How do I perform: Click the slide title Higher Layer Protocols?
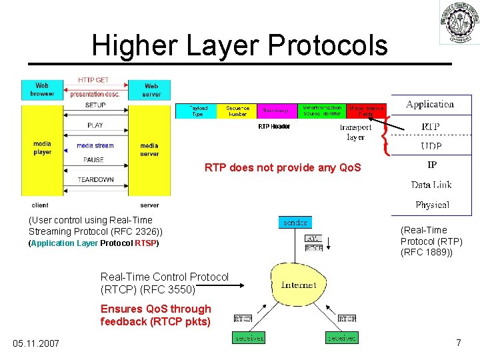pos(239,45)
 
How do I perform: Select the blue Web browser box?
pos(42,89)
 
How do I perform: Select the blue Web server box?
pos(151,89)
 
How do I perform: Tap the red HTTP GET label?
pos(93,80)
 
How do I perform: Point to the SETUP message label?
pos(95,105)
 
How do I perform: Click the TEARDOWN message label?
pos(95,179)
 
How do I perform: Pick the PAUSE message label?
pos(94,160)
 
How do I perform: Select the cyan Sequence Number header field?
pos(238,111)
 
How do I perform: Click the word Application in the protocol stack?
pos(430,104)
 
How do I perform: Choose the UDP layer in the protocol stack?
pos(431,146)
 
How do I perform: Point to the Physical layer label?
pos(432,205)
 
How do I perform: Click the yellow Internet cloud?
pos(299,285)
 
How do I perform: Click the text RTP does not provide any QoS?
pos(283,168)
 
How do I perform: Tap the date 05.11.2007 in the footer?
pos(36,343)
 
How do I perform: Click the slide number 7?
pos(459,343)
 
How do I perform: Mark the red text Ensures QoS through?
pos(155,309)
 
